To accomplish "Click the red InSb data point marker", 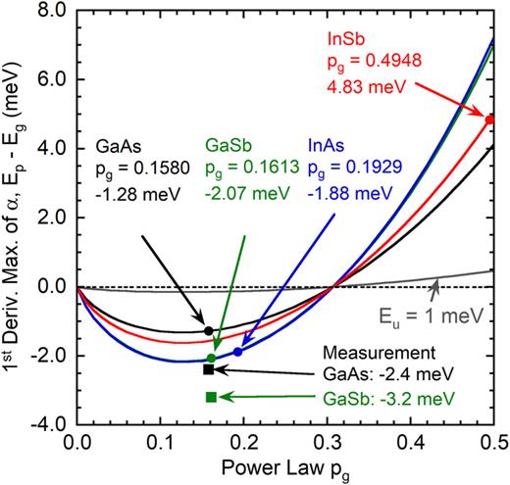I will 489,120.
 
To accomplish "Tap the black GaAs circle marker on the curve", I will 208,330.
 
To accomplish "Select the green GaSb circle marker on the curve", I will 211,358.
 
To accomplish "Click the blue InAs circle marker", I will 237,351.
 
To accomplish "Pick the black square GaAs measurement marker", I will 208,369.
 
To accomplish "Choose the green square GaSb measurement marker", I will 210,397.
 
